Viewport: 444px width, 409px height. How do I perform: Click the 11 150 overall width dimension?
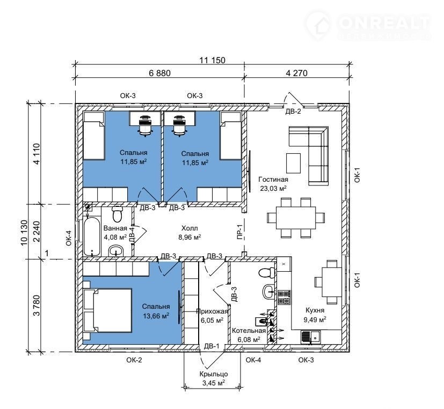213,60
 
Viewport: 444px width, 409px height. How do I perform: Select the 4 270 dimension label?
296,73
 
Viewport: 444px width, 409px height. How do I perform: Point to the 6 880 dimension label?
159,73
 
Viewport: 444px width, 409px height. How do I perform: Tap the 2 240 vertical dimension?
37,232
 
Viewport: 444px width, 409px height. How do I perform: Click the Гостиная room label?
273,180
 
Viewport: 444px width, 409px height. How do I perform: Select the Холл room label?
190,228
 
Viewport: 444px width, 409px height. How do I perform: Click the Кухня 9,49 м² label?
315,315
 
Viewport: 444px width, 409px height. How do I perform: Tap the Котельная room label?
249,331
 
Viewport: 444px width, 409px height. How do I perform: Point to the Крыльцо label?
214,374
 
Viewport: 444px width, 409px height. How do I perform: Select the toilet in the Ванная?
117,214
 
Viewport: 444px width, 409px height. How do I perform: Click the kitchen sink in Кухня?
311,337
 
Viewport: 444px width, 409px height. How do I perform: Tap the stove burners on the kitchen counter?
284,298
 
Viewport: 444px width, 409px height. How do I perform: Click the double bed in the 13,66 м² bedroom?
108,310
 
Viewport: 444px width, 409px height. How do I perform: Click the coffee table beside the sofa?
293,163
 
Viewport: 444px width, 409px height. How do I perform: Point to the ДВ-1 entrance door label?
212,346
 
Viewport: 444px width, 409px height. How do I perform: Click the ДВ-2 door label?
293,111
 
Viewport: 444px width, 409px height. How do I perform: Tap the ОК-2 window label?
134,360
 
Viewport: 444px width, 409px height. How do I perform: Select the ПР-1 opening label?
239,232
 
